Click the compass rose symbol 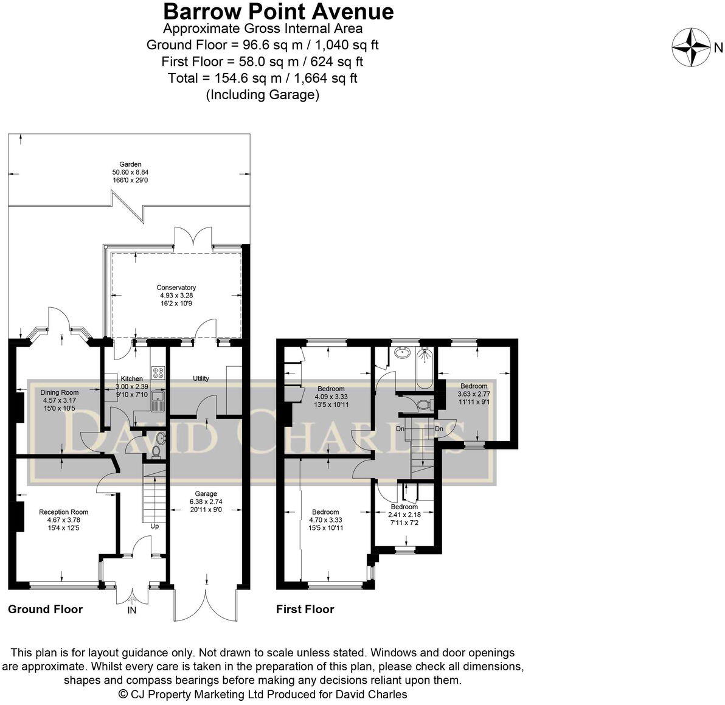click(x=692, y=47)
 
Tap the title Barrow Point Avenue click(x=278, y=11)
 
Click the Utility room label click(x=201, y=378)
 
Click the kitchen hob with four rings click(x=158, y=371)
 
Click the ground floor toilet click(x=156, y=451)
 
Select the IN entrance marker click(x=131, y=610)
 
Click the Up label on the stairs click(x=154, y=526)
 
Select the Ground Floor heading click(x=45, y=609)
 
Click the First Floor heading click(x=305, y=609)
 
